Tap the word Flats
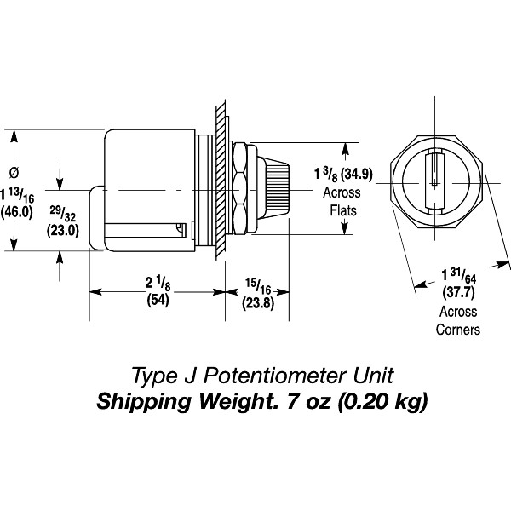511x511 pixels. (342, 209)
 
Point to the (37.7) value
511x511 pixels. (459, 294)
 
